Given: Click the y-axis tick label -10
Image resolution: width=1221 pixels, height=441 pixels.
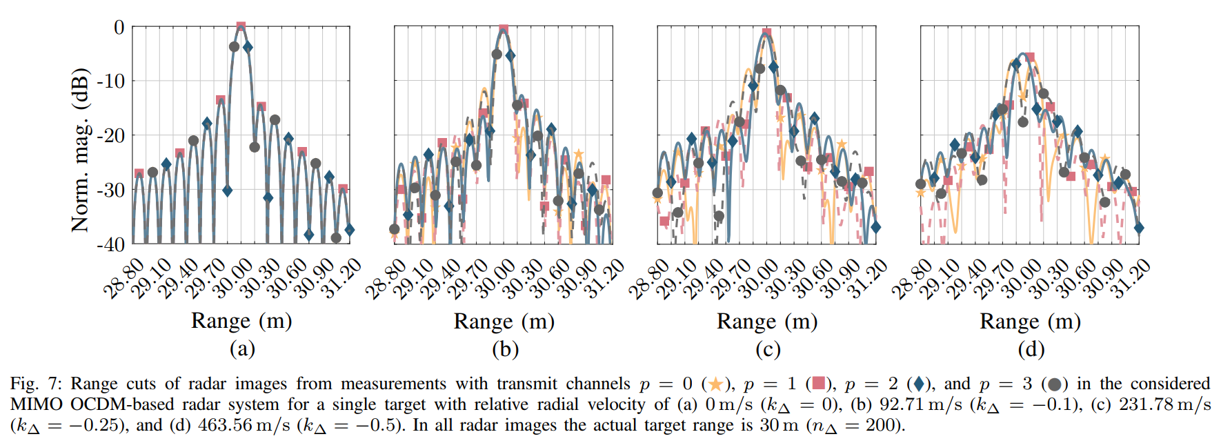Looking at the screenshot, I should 111,81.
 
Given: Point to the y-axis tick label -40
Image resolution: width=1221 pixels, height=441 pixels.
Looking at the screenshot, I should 111,244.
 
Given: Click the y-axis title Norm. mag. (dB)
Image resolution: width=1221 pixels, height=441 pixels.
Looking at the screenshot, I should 80,150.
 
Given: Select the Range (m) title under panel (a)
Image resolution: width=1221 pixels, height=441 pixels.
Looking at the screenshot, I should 241,321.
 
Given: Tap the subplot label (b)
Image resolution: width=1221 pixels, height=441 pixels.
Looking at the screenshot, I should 505,349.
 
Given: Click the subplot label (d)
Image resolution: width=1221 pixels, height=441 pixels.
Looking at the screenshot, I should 1031,349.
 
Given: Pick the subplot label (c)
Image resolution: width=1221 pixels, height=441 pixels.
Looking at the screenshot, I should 768,349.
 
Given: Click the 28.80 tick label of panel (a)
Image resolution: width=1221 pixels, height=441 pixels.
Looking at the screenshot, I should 124,278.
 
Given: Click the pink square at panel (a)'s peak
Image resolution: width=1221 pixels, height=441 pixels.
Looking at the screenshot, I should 241,27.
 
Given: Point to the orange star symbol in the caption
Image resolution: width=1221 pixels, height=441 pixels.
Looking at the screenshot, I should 715,384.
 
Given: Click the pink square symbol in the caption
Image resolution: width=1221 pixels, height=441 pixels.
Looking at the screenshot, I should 818,384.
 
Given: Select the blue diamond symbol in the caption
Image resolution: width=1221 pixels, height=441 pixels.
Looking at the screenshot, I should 919,384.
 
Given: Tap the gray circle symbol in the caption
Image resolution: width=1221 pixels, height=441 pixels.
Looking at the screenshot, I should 1054,384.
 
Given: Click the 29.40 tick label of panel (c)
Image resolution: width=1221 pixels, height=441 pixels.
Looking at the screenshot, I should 704,278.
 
